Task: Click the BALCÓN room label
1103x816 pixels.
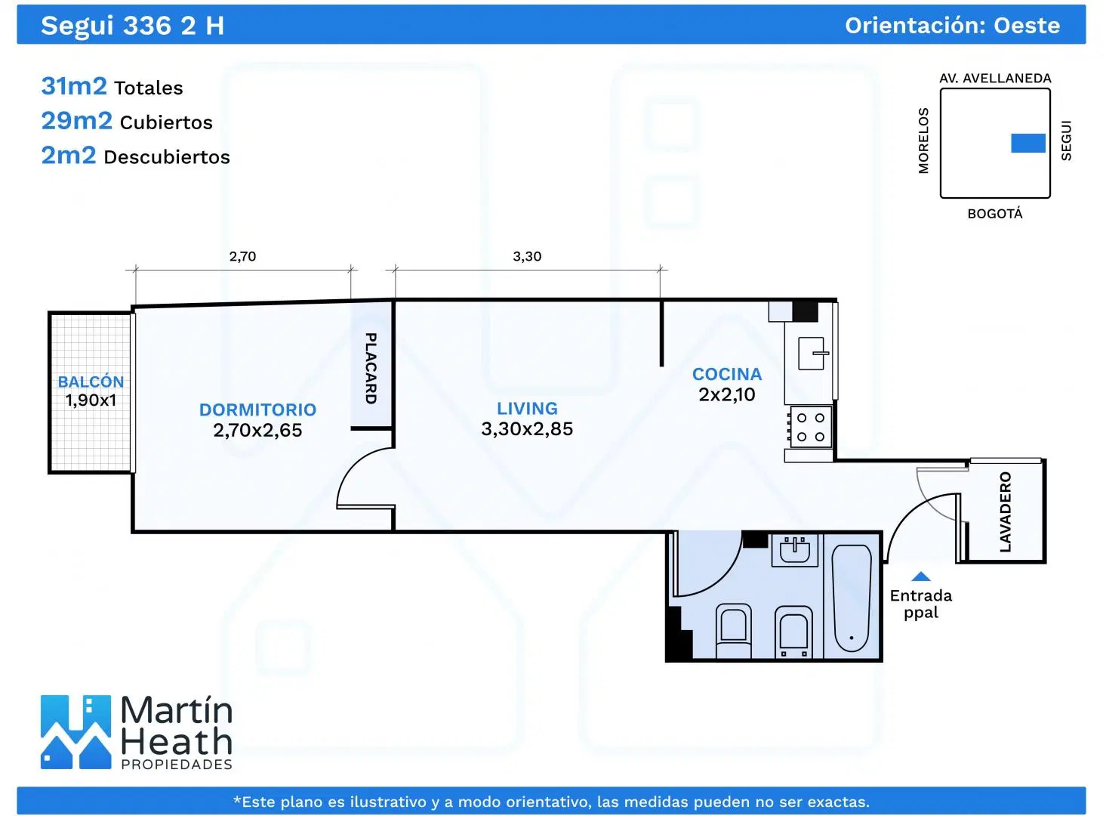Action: tap(91, 382)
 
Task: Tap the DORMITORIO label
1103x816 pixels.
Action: tap(257, 410)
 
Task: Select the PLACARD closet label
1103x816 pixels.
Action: tap(371, 368)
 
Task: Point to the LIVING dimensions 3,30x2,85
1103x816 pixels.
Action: tap(527, 428)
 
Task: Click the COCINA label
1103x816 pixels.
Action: tap(727, 374)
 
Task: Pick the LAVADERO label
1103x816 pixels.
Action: tap(1006, 512)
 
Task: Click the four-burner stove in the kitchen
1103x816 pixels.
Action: tap(811, 427)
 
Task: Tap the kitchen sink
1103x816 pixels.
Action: tap(812, 354)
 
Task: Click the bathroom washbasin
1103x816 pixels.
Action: tap(795, 550)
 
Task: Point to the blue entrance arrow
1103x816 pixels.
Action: tap(921, 576)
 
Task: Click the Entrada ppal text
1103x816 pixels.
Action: tap(921, 604)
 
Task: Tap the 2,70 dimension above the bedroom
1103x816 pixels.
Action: tap(242, 256)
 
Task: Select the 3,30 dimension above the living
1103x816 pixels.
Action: tap(527, 256)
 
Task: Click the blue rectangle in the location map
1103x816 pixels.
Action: tap(1028, 144)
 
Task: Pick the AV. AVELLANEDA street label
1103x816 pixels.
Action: tap(995, 78)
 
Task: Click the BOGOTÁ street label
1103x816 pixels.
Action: tap(995, 214)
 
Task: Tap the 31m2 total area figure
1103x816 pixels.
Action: tap(74, 85)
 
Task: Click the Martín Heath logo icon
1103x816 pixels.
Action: tap(75, 732)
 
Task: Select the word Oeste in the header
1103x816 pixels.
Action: tap(1027, 26)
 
